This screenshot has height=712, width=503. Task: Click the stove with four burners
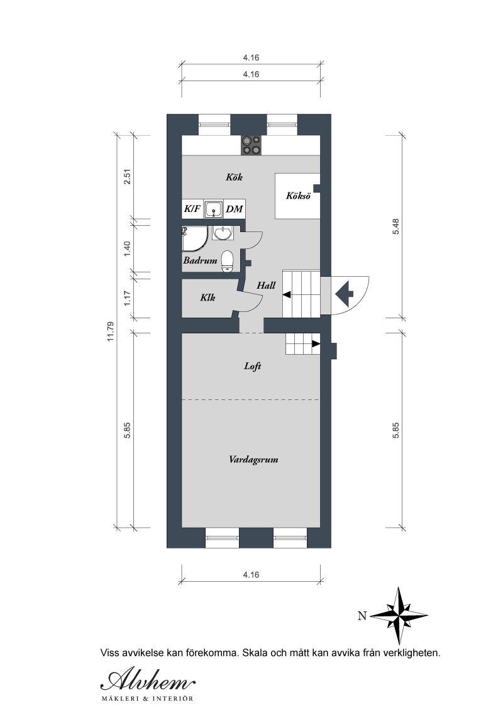(x=251, y=146)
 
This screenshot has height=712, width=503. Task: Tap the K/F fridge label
(x=192, y=209)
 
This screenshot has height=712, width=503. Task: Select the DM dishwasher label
(x=235, y=209)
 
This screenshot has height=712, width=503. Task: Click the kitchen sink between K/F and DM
(x=213, y=209)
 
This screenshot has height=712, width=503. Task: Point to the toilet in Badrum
(x=227, y=261)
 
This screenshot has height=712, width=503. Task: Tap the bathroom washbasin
(x=223, y=233)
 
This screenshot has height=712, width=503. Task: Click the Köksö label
(x=298, y=196)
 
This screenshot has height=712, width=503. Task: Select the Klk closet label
(x=207, y=298)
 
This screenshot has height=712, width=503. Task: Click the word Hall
(x=266, y=285)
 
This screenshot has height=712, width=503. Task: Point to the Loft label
(x=252, y=366)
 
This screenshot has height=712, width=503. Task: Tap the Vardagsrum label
(x=253, y=460)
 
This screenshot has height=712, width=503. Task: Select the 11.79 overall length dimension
(x=110, y=331)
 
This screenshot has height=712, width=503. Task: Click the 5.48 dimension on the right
(x=396, y=226)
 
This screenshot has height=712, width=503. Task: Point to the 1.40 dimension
(x=127, y=248)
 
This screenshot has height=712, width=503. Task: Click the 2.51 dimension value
(x=127, y=176)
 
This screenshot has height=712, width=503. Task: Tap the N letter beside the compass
(x=362, y=616)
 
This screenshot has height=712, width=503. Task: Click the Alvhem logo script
(x=148, y=680)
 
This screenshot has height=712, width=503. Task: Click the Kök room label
(x=235, y=177)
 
